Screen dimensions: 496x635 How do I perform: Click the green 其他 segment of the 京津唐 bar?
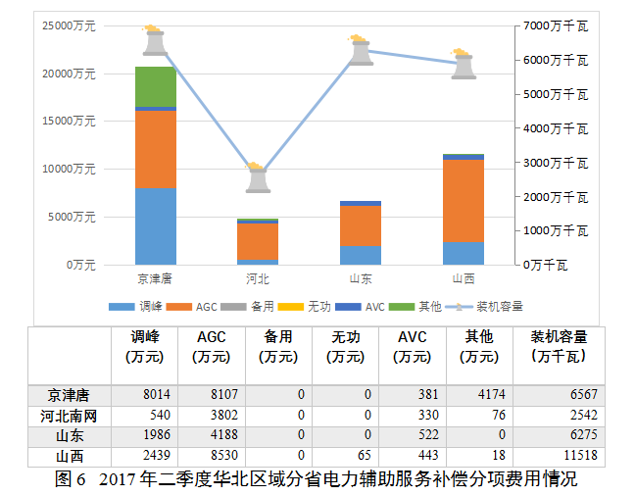point(155,86)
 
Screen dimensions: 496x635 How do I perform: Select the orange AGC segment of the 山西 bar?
point(464,201)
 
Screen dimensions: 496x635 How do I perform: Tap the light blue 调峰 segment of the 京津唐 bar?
point(155,225)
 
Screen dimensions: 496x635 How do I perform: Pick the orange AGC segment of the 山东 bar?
point(361,225)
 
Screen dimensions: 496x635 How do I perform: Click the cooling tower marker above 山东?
point(361,51)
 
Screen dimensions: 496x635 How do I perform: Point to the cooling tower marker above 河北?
point(258,178)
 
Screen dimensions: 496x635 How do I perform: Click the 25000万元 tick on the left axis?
point(69,25)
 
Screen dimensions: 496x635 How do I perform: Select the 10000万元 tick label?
point(69,169)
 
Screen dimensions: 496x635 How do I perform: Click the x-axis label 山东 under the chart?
point(361,278)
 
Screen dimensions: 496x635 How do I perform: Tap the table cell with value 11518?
point(572,456)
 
